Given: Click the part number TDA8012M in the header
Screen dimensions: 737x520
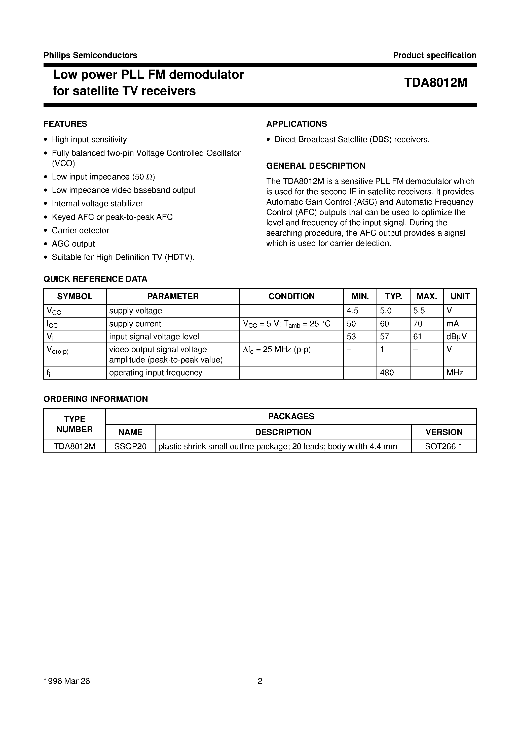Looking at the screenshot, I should [435, 83].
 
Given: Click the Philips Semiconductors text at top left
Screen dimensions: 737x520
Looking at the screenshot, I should [90, 55].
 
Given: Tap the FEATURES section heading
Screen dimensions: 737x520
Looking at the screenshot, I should [65, 124].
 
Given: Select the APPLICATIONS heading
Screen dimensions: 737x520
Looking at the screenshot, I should [296, 124].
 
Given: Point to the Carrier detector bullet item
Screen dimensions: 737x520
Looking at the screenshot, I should [81, 230].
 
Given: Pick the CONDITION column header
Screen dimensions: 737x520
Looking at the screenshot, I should [291, 296].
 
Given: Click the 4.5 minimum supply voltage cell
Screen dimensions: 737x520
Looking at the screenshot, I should [353, 311].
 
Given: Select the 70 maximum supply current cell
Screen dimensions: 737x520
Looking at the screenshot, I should [418, 324].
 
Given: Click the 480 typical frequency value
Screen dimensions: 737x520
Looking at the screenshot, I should [387, 373].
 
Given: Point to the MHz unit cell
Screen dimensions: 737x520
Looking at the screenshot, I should [455, 373].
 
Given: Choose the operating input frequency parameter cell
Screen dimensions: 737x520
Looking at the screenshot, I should [156, 373].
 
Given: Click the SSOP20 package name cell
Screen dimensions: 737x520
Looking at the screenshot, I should [130, 446].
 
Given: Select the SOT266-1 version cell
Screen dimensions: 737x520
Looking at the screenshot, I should [444, 446].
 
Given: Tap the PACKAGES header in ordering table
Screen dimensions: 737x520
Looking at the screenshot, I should [291, 416].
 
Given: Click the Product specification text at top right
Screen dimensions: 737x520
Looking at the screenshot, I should [434, 55].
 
